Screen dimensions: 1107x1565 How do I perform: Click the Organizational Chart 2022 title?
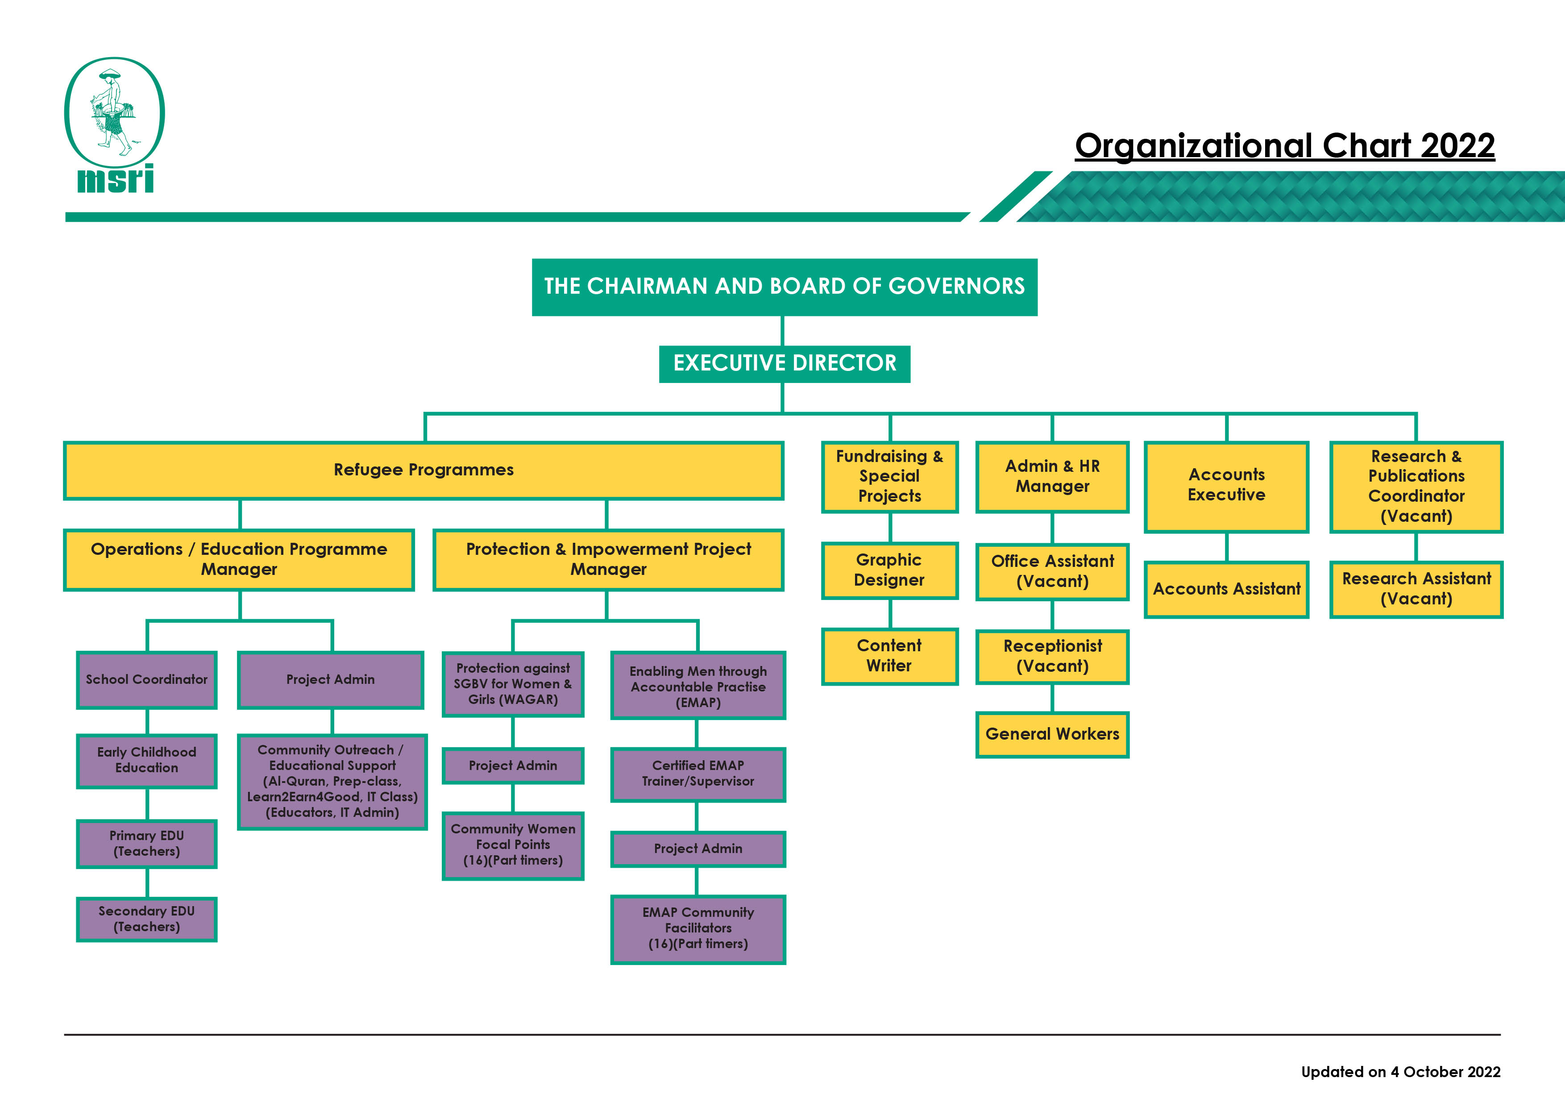click(x=1284, y=146)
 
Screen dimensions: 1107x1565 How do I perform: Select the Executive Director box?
click(x=785, y=363)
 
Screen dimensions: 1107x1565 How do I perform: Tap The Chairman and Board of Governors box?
click(x=785, y=286)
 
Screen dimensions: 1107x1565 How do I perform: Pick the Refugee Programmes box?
click(x=423, y=470)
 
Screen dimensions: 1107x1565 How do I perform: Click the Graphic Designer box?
click(x=889, y=570)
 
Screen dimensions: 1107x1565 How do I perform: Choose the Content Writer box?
click(x=889, y=656)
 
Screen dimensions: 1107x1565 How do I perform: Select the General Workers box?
click(x=1052, y=734)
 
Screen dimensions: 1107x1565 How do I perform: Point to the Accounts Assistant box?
click(x=1226, y=589)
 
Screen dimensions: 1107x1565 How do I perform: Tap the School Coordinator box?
click(x=146, y=680)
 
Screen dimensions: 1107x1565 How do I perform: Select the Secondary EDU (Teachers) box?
click(x=146, y=919)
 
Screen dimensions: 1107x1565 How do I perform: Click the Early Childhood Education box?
click(x=146, y=760)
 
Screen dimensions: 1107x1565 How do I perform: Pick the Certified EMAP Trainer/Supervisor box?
click(x=698, y=774)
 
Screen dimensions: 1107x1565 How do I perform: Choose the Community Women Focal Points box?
click(x=513, y=845)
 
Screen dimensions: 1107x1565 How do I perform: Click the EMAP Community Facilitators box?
click(x=698, y=928)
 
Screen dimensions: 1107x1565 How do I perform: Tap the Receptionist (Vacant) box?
click(x=1052, y=656)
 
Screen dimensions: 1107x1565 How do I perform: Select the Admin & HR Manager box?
click(x=1052, y=476)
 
